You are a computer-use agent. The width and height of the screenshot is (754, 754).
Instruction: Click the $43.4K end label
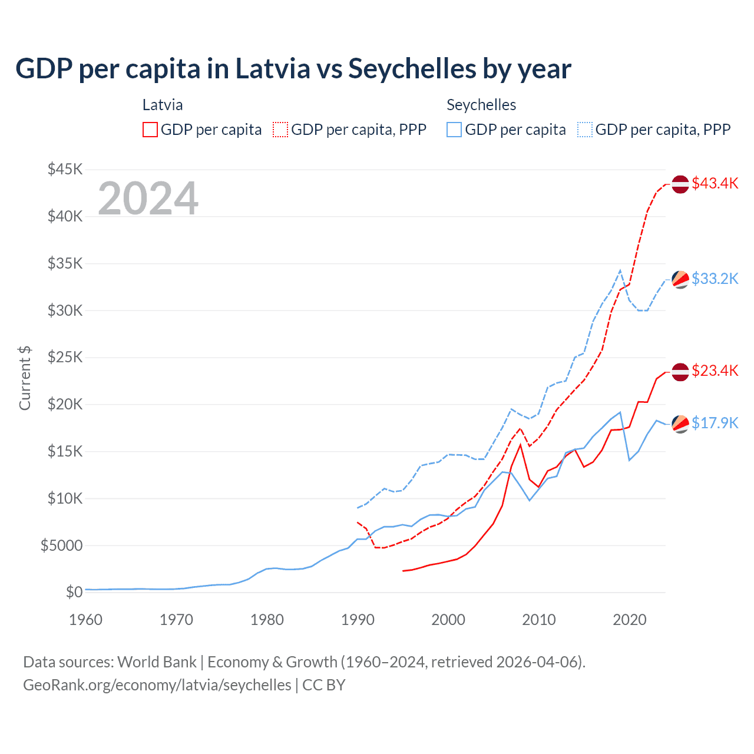tap(715, 183)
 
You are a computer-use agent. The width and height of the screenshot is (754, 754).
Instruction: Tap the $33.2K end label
tap(715, 279)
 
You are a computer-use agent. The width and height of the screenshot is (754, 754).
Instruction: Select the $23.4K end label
tap(715, 371)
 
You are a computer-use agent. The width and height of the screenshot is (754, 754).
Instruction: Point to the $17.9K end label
tap(715, 423)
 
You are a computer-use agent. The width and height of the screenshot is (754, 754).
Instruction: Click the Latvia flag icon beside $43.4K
tap(680, 184)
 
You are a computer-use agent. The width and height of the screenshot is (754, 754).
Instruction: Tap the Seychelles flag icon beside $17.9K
tap(680, 424)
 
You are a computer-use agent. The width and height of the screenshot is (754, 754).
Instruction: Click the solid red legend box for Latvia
tap(150, 130)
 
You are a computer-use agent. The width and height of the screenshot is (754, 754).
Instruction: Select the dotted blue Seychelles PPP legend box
tap(585, 130)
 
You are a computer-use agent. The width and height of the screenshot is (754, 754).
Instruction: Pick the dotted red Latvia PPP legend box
tap(281, 130)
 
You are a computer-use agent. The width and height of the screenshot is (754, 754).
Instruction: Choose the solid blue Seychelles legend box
tap(454, 130)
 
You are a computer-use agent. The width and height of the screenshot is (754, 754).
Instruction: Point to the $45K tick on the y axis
tap(65, 170)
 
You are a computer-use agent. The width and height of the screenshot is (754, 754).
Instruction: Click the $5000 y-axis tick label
tap(61, 545)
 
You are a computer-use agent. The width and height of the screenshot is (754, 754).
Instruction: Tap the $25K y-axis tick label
tap(65, 358)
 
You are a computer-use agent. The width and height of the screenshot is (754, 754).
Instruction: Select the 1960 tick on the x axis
tap(86, 620)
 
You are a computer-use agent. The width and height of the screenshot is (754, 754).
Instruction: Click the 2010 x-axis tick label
tap(539, 620)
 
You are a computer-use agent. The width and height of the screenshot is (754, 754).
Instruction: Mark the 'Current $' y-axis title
tap(25, 378)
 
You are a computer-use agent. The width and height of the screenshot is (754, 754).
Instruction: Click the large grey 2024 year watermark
tap(148, 199)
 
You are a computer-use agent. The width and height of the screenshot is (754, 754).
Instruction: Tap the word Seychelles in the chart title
tap(412, 68)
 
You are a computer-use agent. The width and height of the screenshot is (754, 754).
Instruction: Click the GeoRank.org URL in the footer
tap(157, 685)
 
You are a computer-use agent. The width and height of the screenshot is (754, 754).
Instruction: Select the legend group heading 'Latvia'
tap(163, 105)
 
